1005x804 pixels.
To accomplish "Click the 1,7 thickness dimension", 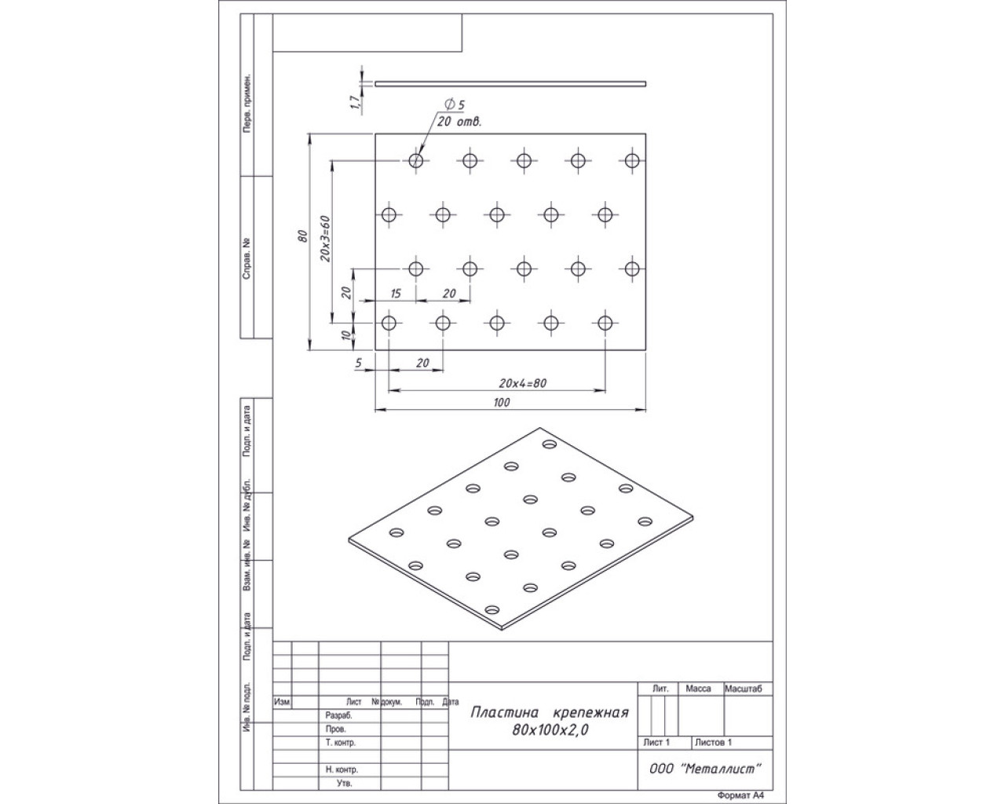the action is (x=355, y=102).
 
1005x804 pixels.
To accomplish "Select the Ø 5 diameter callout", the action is (x=454, y=104).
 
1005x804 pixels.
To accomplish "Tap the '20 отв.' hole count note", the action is (x=459, y=122).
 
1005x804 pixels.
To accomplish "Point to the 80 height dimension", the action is (x=303, y=236).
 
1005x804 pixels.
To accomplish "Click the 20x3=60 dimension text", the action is (x=325, y=238).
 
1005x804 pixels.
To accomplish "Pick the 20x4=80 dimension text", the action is (x=523, y=383).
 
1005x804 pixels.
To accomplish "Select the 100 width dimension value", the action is (x=502, y=402).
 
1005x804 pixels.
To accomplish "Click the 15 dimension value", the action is (x=396, y=294).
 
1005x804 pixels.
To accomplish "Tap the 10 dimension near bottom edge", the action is (x=346, y=335).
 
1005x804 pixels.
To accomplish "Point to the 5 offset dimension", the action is (x=358, y=363).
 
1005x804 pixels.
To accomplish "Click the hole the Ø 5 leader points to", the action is (x=415, y=161).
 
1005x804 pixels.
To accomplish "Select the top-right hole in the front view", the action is (x=632, y=161).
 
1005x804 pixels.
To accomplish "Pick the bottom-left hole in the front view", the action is (x=389, y=323).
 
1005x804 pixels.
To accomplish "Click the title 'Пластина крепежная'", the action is (x=549, y=712).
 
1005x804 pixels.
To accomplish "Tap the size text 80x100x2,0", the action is (x=550, y=729).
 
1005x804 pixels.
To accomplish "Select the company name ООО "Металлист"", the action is (x=705, y=769).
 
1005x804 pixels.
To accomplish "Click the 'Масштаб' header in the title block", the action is (x=743, y=689).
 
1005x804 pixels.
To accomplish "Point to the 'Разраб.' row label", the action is (x=338, y=715).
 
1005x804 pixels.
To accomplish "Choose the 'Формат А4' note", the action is (x=740, y=795).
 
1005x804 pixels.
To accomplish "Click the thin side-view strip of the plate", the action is (x=510, y=84).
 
